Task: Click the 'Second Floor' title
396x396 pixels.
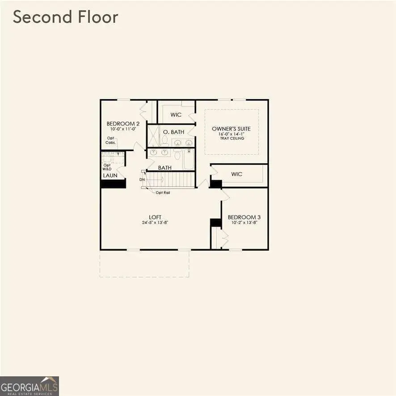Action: [65, 17]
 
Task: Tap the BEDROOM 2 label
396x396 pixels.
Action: [123, 124]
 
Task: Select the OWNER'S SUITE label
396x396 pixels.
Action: [232, 129]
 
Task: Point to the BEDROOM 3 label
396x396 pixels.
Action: [244, 217]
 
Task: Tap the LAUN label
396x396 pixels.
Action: [110, 176]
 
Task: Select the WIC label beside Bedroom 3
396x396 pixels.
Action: [237, 174]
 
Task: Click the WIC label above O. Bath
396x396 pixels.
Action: [176, 115]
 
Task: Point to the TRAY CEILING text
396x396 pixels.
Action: [232, 139]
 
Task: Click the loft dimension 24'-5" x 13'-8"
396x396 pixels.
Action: [156, 223]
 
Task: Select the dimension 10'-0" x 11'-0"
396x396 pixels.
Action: [123, 129]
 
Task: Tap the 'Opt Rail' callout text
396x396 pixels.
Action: [163, 193]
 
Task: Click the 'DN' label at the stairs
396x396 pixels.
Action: [142, 179]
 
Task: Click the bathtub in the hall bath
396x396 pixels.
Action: [188, 159]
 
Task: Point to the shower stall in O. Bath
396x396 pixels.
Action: [154, 136]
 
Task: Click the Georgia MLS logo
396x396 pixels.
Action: [29, 386]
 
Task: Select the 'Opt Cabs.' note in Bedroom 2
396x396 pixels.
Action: [111, 140]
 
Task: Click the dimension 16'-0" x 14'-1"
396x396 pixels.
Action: [232, 134]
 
